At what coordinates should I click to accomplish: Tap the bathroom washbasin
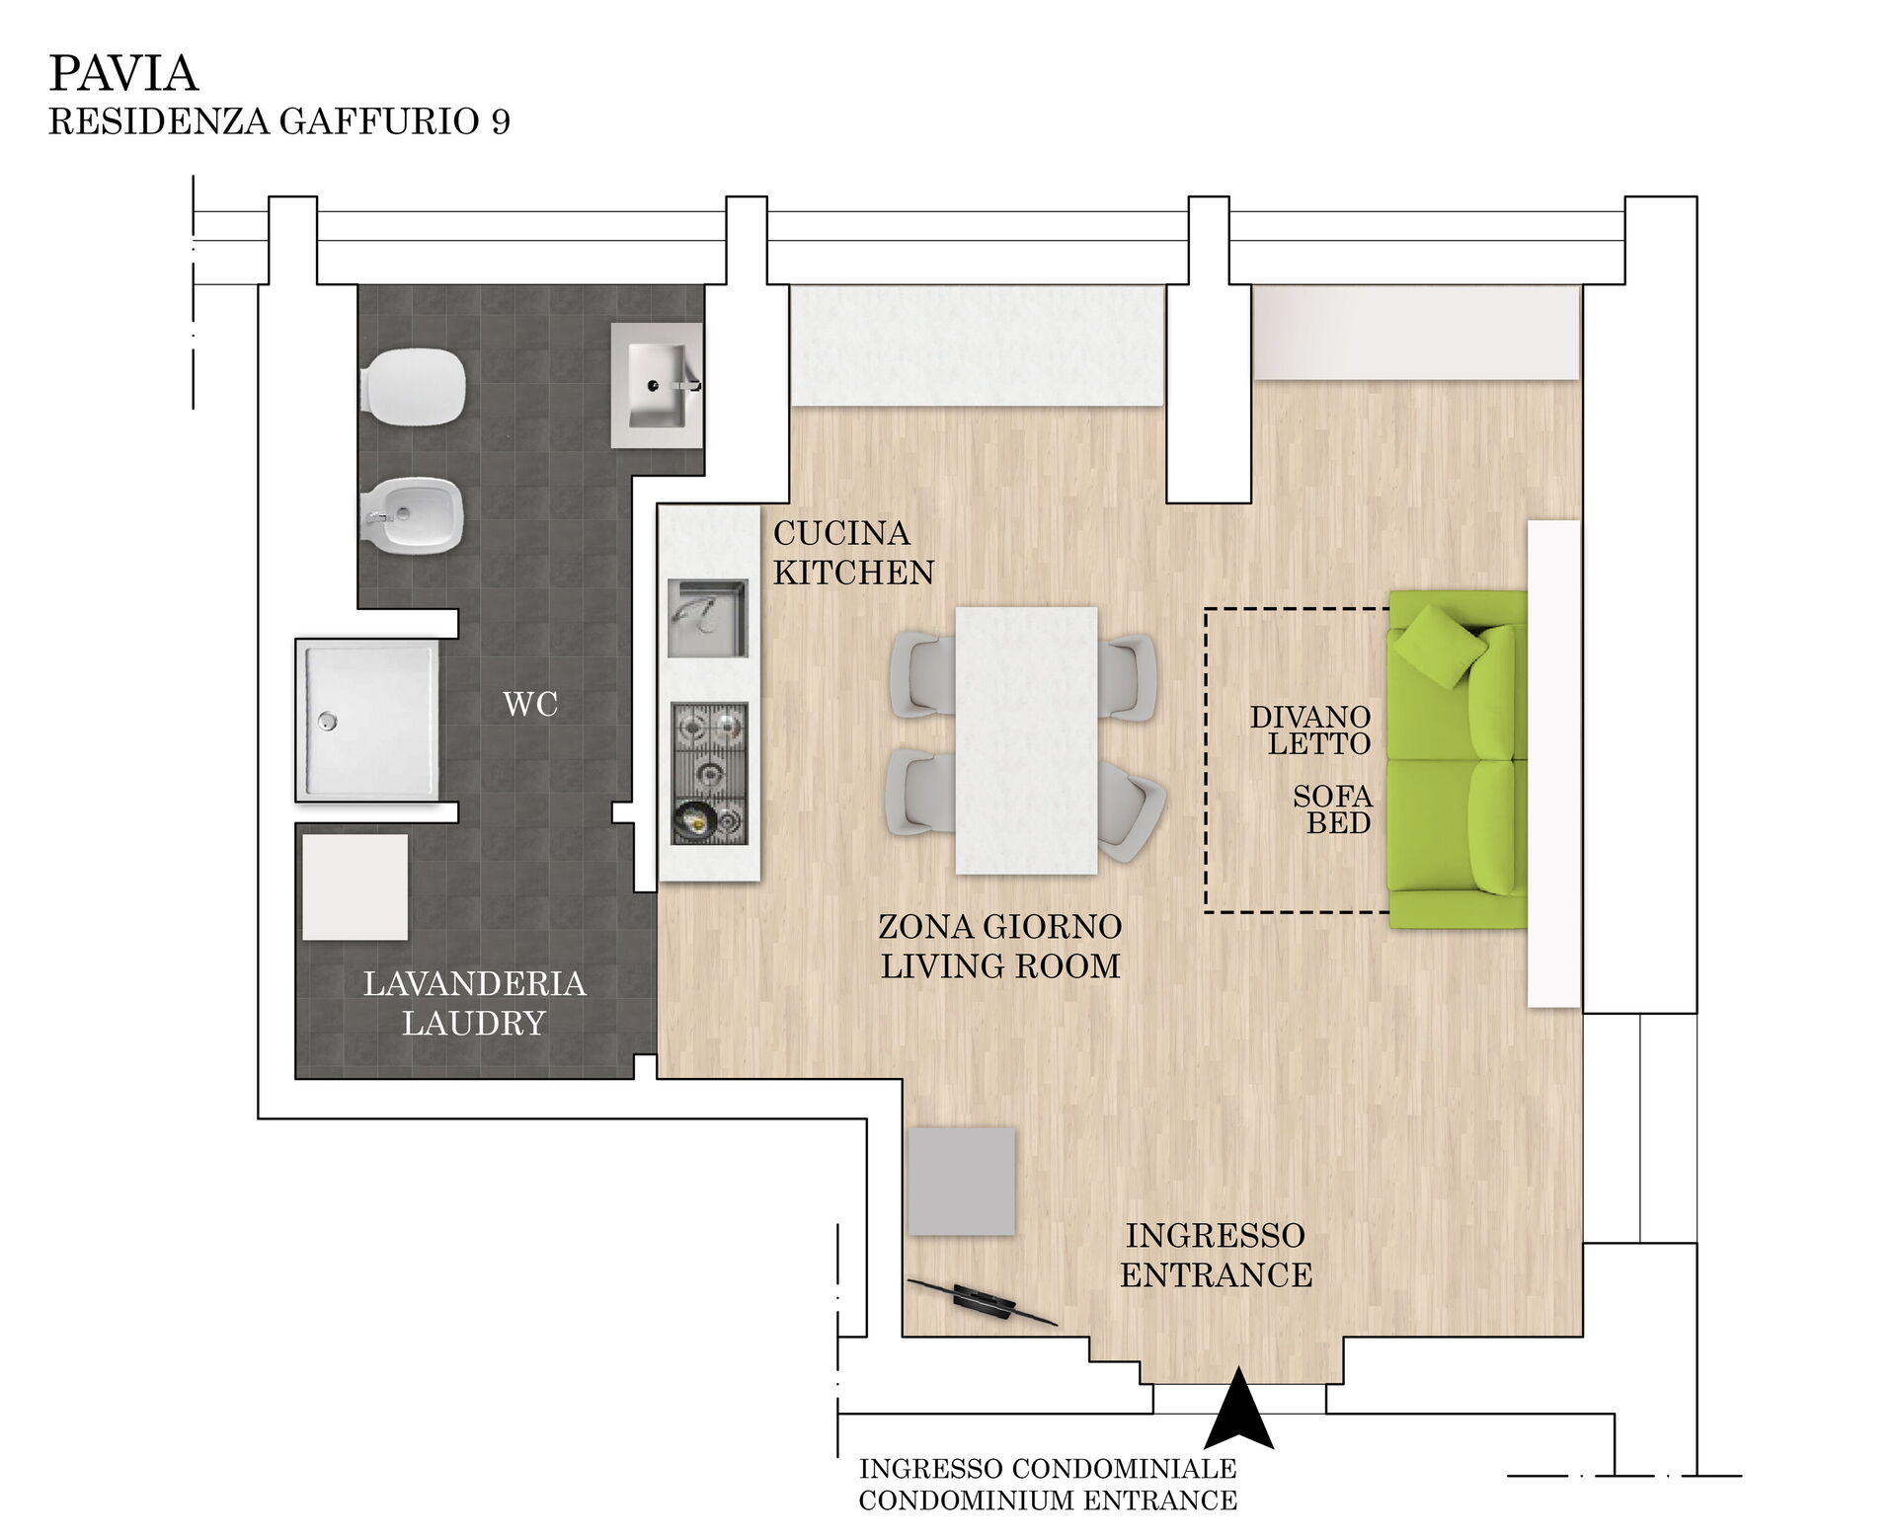click(657, 385)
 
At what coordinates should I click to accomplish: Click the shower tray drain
click(327, 721)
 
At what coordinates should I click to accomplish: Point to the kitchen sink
click(708, 618)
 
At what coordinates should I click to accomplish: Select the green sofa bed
click(1458, 759)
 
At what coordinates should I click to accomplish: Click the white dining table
click(1027, 740)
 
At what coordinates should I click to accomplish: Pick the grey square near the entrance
click(962, 1182)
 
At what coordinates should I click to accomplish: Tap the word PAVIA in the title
click(123, 73)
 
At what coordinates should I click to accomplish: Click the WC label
click(530, 704)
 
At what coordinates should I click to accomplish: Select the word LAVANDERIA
click(475, 983)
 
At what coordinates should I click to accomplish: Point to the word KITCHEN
click(853, 573)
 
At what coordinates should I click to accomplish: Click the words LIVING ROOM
click(1000, 965)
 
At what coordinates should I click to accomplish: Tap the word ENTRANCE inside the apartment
click(1216, 1274)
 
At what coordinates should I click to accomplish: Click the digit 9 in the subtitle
click(500, 121)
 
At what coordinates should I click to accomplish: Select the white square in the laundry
click(355, 887)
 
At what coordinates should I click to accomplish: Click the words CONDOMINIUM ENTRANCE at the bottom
click(1048, 1500)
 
